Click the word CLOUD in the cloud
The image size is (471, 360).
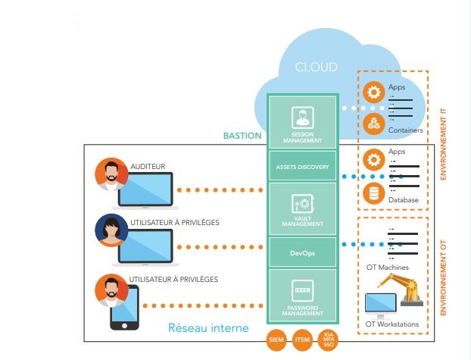tap(316, 67)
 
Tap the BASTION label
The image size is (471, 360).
tap(242, 136)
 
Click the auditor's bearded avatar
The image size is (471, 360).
tap(111, 174)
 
